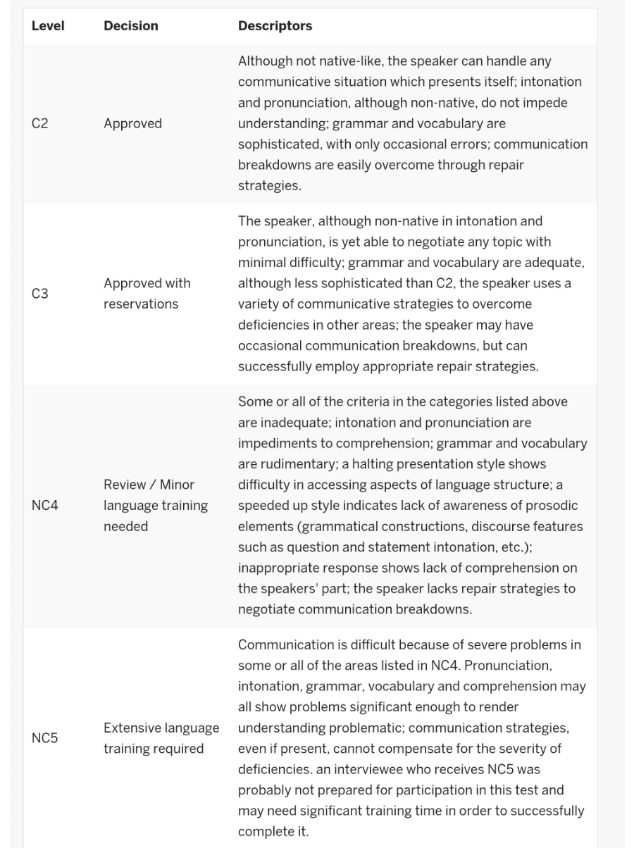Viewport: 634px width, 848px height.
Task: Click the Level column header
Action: coord(48,26)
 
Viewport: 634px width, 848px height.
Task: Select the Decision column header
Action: coord(130,26)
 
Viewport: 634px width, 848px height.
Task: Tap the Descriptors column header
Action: coord(275,26)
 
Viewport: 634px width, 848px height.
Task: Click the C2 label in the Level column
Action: coord(39,124)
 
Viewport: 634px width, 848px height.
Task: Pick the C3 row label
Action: coord(39,294)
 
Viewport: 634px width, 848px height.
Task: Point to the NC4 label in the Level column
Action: coord(44,506)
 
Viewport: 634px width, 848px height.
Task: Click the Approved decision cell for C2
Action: coord(132,124)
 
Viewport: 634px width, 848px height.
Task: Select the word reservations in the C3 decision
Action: coord(141,304)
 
